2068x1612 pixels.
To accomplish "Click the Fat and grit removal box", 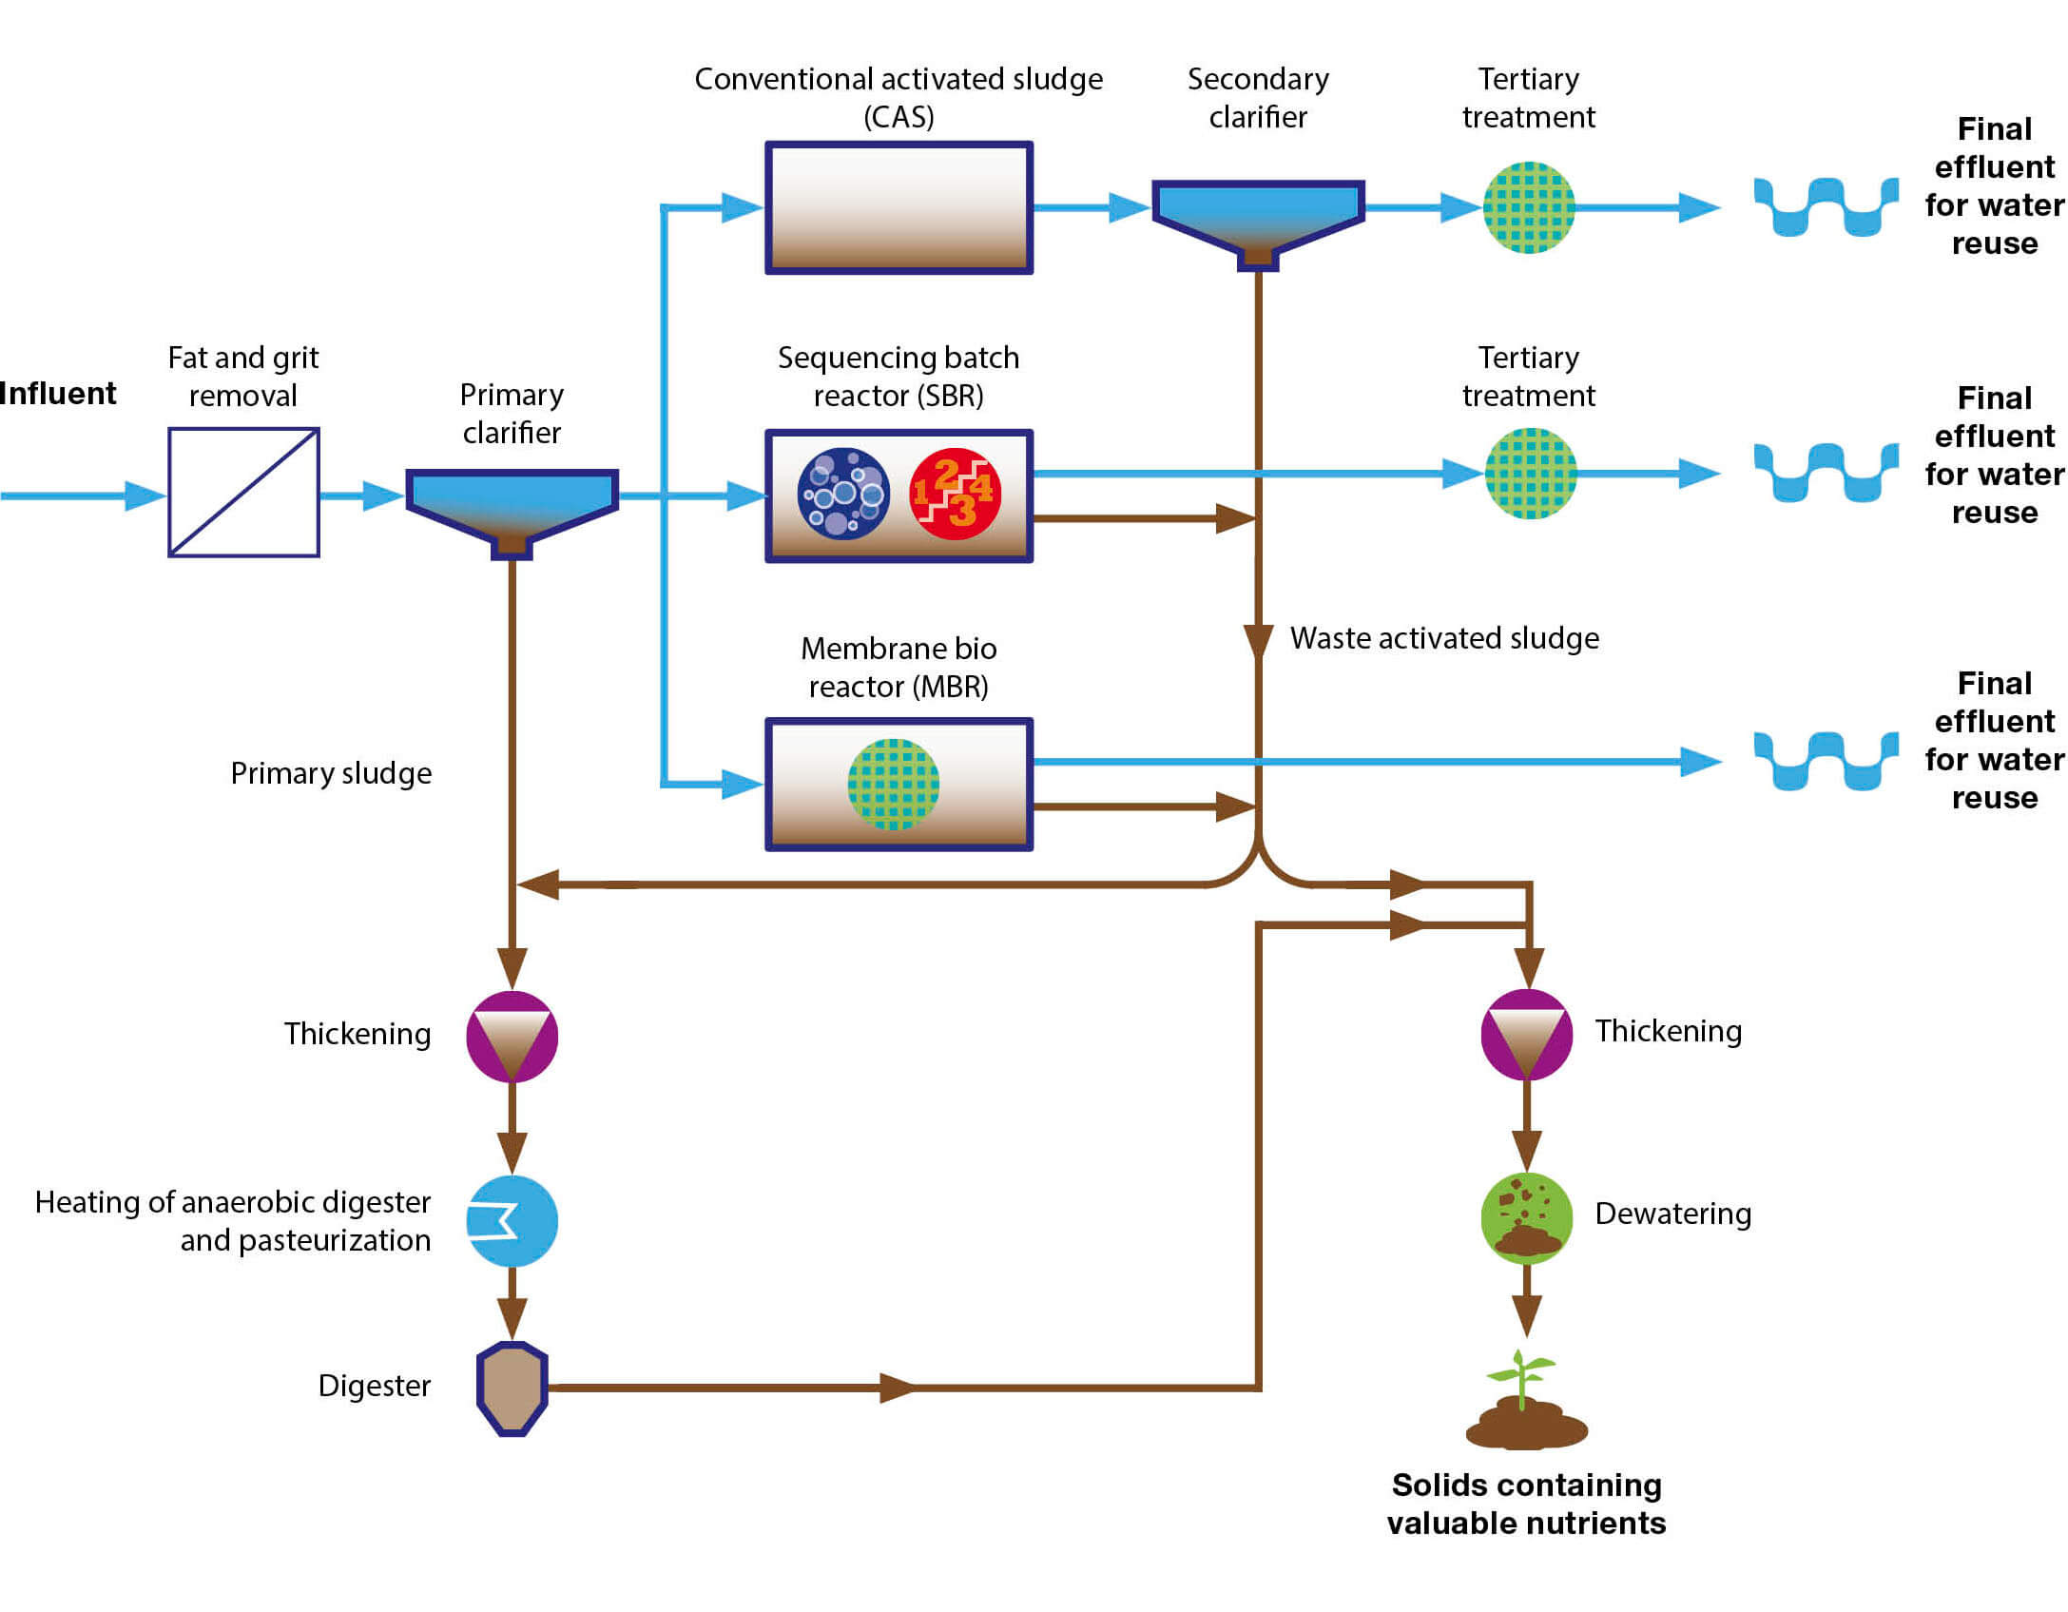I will point(243,492).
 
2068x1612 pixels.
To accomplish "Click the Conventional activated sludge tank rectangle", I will point(899,208).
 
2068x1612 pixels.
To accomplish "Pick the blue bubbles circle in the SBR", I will point(843,494).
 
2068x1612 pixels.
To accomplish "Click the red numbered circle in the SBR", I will point(955,494).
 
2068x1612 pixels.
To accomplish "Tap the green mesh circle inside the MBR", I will point(893,785).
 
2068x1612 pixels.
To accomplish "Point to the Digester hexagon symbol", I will point(512,1388).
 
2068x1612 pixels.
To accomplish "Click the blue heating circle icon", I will point(512,1221).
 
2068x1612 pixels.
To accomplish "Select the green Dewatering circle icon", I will point(1526,1218).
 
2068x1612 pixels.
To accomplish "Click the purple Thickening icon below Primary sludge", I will point(512,1036).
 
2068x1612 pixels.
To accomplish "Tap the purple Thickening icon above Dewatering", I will point(1526,1034).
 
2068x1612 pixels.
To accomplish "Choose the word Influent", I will point(57,393).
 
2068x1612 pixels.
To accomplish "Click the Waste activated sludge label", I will point(1443,638).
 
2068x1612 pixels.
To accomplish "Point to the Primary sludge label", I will point(331,773).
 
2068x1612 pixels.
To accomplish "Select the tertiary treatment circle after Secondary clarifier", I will point(1528,207).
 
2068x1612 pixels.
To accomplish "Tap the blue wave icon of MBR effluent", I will point(1826,761).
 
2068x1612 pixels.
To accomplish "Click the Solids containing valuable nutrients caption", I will point(1525,1504).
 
